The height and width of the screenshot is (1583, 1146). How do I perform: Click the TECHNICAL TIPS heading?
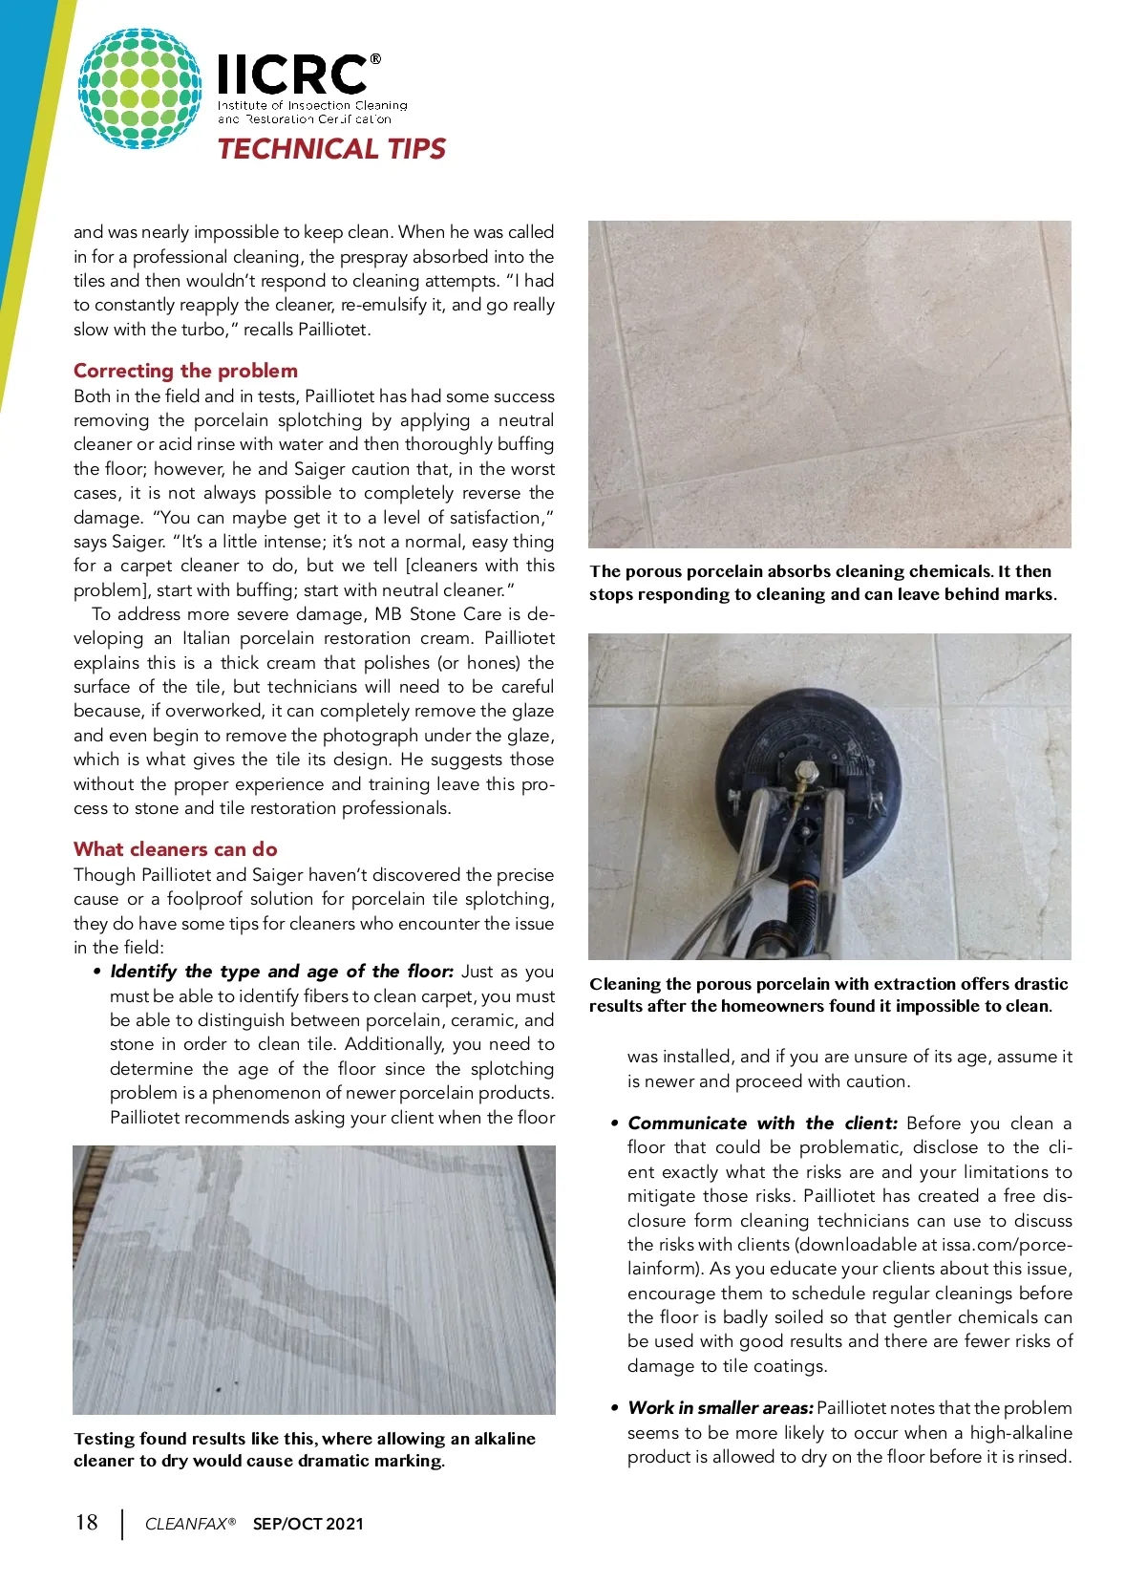point(331,149)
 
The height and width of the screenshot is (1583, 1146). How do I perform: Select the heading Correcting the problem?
point(185,371)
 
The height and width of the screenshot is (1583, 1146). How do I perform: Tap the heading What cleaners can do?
point(176,849)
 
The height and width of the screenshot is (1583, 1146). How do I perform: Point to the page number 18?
point(87,1523)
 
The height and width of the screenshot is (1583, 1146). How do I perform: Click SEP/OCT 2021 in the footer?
point(308,1524)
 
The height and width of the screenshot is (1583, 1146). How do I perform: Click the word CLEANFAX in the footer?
point(185,1524)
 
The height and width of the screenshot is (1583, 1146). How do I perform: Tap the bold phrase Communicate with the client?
point(762,1123)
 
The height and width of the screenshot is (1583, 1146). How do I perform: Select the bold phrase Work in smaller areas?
point(720,1408)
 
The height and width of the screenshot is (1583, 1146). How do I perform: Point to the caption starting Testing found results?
point(304,1449)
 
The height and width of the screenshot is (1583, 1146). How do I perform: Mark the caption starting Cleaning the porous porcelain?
point(828,995)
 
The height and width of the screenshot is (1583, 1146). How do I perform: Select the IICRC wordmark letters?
point(292,75)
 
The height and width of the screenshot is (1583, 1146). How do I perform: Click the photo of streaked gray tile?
point(313,1279)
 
